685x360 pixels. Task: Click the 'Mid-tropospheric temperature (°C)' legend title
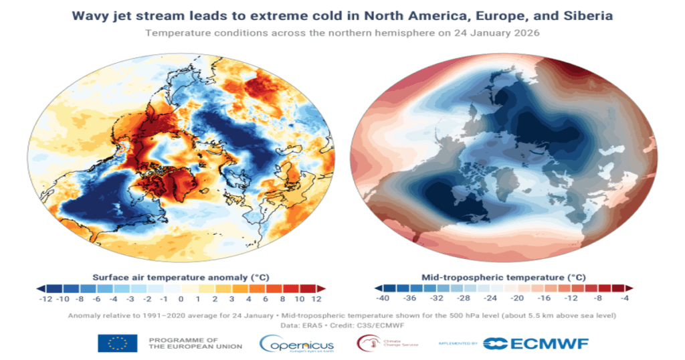503,276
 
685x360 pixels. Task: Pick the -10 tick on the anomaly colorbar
63,298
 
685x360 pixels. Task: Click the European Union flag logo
117,343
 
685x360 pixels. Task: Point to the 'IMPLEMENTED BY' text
458,344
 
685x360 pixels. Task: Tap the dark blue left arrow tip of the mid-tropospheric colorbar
367,288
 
